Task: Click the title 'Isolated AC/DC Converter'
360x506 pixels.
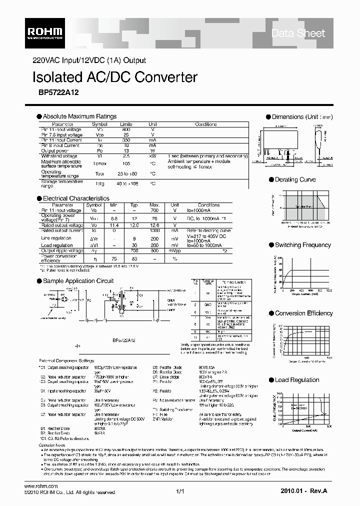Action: (114, 77)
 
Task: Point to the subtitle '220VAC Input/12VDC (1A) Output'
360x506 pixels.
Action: (89, 60)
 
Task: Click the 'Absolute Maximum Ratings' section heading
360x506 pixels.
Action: (79, 116)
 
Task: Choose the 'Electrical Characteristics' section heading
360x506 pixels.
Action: (75, 198)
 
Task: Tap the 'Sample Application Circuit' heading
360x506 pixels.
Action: (78, 281)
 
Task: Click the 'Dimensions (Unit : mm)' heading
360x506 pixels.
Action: (302, 117)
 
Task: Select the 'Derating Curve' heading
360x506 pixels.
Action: (295, 179)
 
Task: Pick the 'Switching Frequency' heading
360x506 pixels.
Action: (302, 245)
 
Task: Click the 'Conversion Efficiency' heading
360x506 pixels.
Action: (303, 313)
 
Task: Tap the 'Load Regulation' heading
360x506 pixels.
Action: (296, 380)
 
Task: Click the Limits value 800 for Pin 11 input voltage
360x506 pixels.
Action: (126, 129)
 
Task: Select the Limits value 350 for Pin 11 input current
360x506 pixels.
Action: (126, 140)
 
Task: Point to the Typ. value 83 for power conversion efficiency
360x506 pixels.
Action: (134, 259)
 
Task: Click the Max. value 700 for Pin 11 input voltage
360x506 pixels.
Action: (154, 210)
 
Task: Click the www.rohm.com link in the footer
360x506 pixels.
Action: (41, 486)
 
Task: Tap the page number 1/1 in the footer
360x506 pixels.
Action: (180, 492)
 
